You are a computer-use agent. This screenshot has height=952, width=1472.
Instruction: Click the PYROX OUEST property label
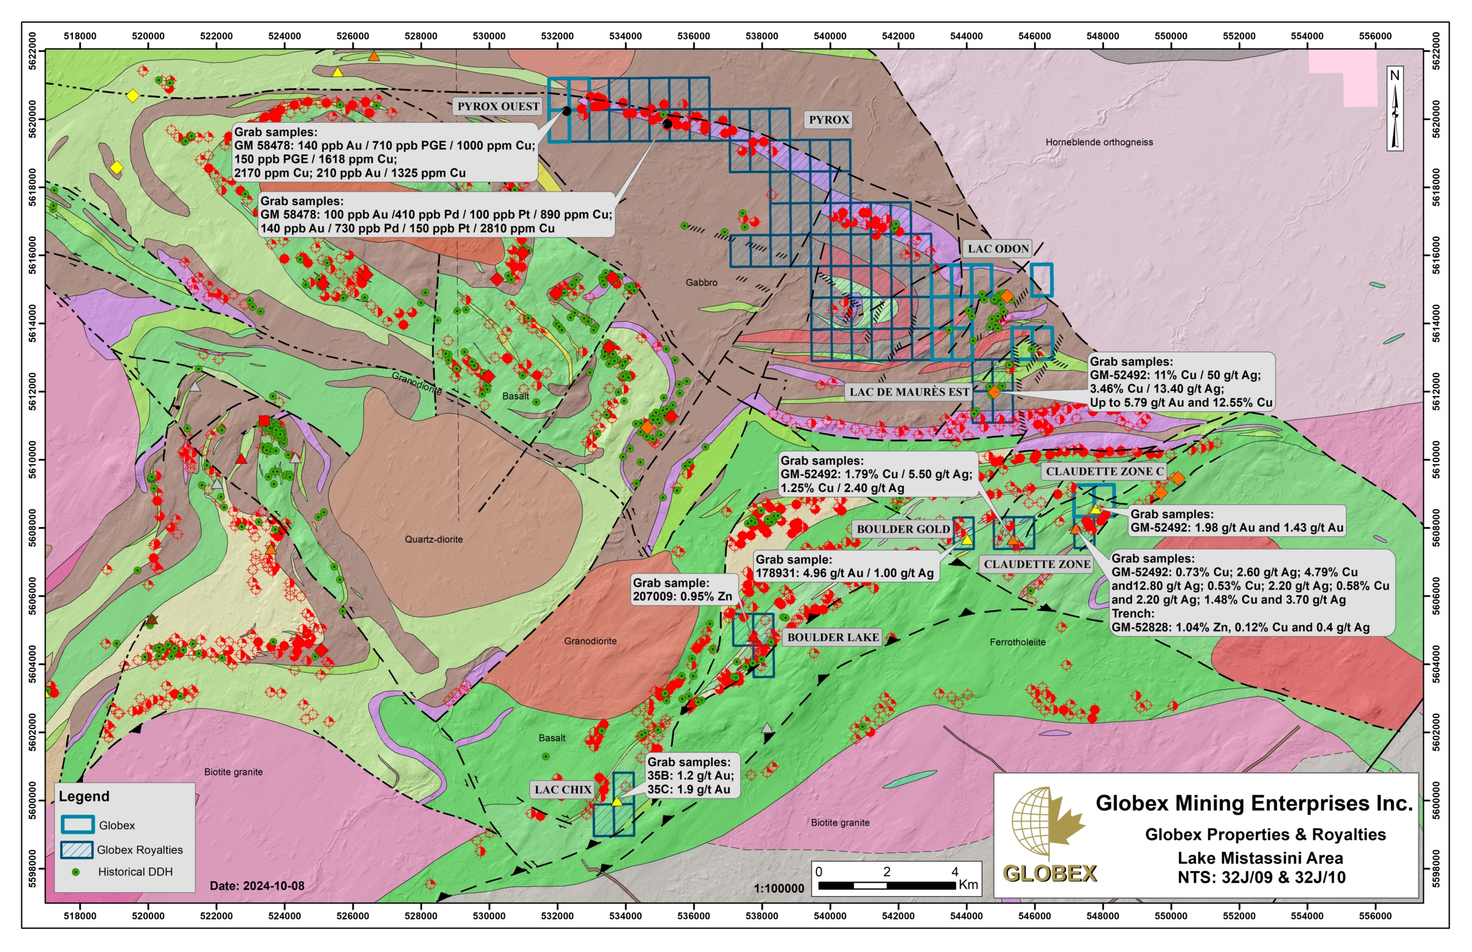498,106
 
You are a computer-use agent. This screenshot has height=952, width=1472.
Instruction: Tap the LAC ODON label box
997,248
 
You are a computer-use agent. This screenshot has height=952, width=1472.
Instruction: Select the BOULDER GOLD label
903,529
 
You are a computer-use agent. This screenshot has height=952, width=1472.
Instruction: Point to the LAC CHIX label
562,789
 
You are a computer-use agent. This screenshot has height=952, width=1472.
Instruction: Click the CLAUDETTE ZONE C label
1104,471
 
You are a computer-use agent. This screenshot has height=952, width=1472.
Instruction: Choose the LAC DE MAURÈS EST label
909,392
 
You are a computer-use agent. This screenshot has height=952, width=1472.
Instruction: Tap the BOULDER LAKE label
832,638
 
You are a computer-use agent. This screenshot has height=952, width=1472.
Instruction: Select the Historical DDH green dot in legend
75,872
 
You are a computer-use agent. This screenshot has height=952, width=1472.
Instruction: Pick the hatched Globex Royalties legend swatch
76,849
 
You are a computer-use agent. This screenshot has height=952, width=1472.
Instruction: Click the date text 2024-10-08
256,885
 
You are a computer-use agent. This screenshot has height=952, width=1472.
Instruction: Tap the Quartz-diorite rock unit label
434,539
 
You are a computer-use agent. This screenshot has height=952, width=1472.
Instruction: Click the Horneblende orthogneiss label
1099,142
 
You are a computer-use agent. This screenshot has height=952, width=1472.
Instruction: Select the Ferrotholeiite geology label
1017,642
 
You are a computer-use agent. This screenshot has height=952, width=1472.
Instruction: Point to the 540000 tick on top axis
829,36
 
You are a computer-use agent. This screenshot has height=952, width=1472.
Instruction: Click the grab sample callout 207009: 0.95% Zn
683,590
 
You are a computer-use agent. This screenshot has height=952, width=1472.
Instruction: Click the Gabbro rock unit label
701,282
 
